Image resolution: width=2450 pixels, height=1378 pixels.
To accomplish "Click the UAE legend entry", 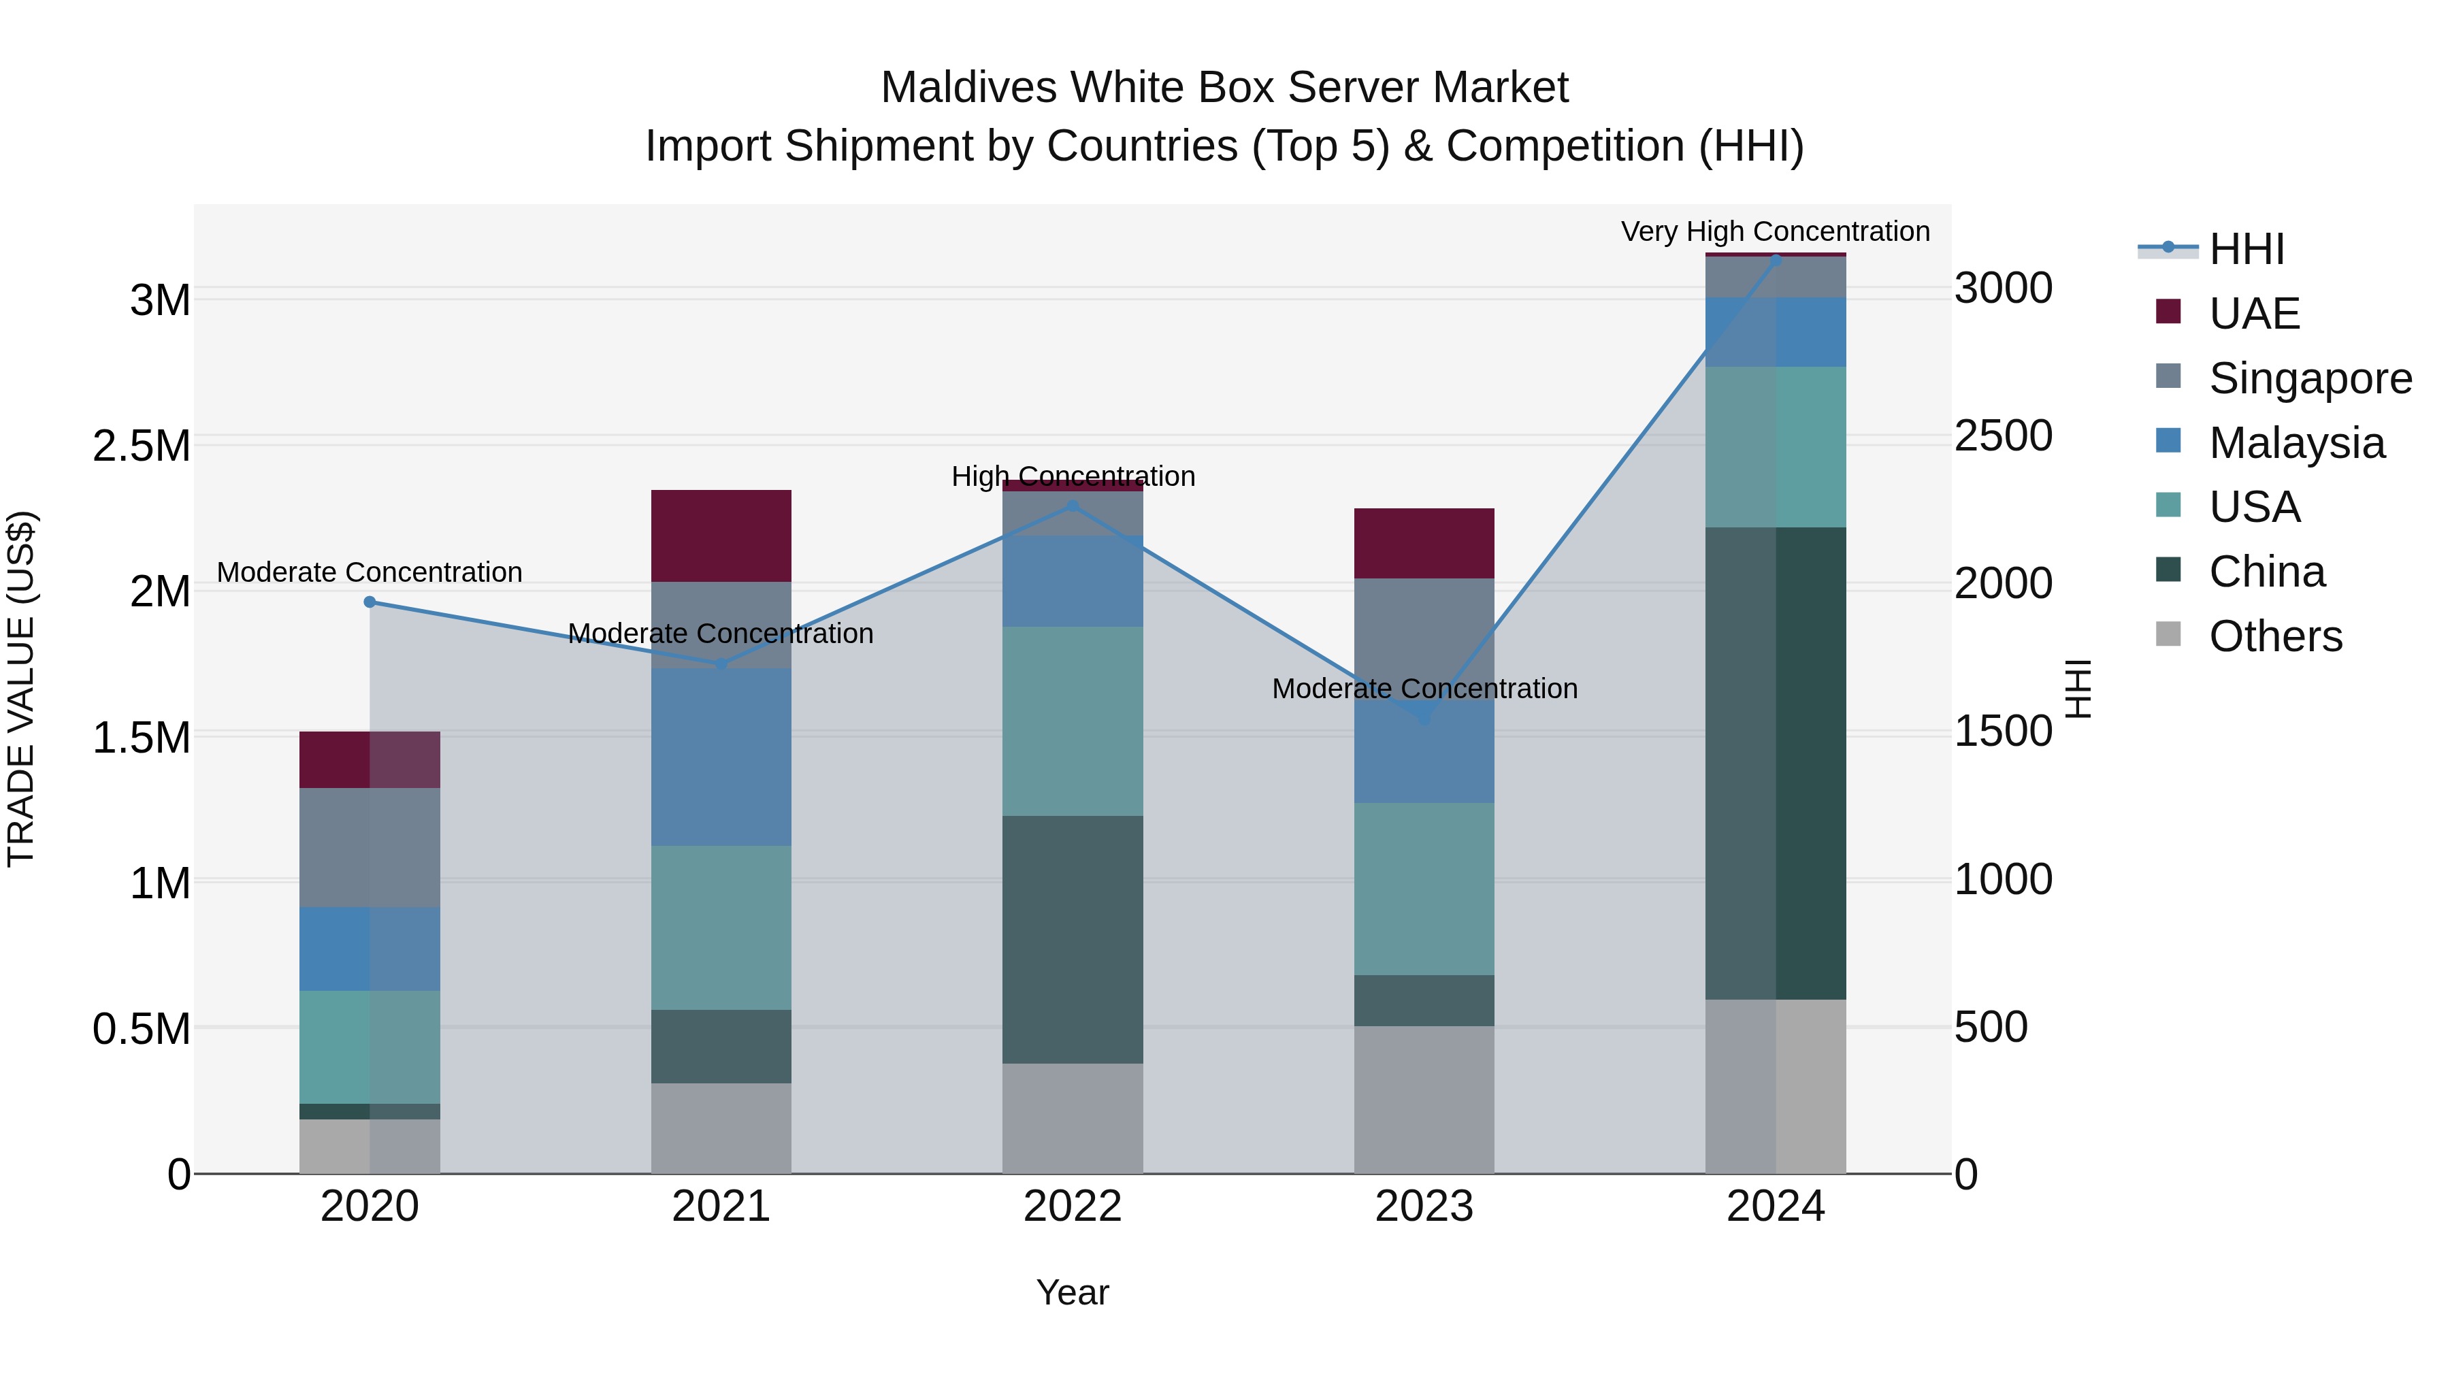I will [x=2253, y=314].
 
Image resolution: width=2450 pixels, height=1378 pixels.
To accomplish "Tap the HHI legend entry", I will [x=2246, y=249].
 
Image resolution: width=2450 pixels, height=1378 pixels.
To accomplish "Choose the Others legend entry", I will [x=2275, y=636].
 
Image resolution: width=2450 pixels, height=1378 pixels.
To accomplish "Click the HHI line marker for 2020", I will [x=370, y=602].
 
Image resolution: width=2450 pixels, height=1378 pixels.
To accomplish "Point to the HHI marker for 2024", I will [x=1775, y=260].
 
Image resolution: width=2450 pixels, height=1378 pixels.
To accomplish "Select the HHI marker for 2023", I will [x=1424, y=720].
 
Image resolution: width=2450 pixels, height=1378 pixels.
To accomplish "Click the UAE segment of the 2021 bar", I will [x=721, y=536].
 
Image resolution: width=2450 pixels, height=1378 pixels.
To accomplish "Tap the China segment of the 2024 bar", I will [x=1775, y=763].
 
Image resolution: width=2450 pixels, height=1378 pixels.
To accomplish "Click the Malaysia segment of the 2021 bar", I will [x=721, y=757].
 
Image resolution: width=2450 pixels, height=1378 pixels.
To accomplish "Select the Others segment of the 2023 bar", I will [x=1424, y=1100].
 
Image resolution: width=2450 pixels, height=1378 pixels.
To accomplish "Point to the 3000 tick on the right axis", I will [x=2003, y=288].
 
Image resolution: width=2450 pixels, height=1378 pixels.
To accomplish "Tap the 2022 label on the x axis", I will [x=1072, y=1207].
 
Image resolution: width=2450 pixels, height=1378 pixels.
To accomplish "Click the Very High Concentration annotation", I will [x=1775, y=231].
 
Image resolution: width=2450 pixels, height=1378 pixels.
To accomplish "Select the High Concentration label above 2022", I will [x=1073, y=476].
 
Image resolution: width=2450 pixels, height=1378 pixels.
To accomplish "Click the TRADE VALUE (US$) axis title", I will [x=21, y=689].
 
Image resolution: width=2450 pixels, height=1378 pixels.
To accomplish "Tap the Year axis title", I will [x=1072, y=1292].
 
